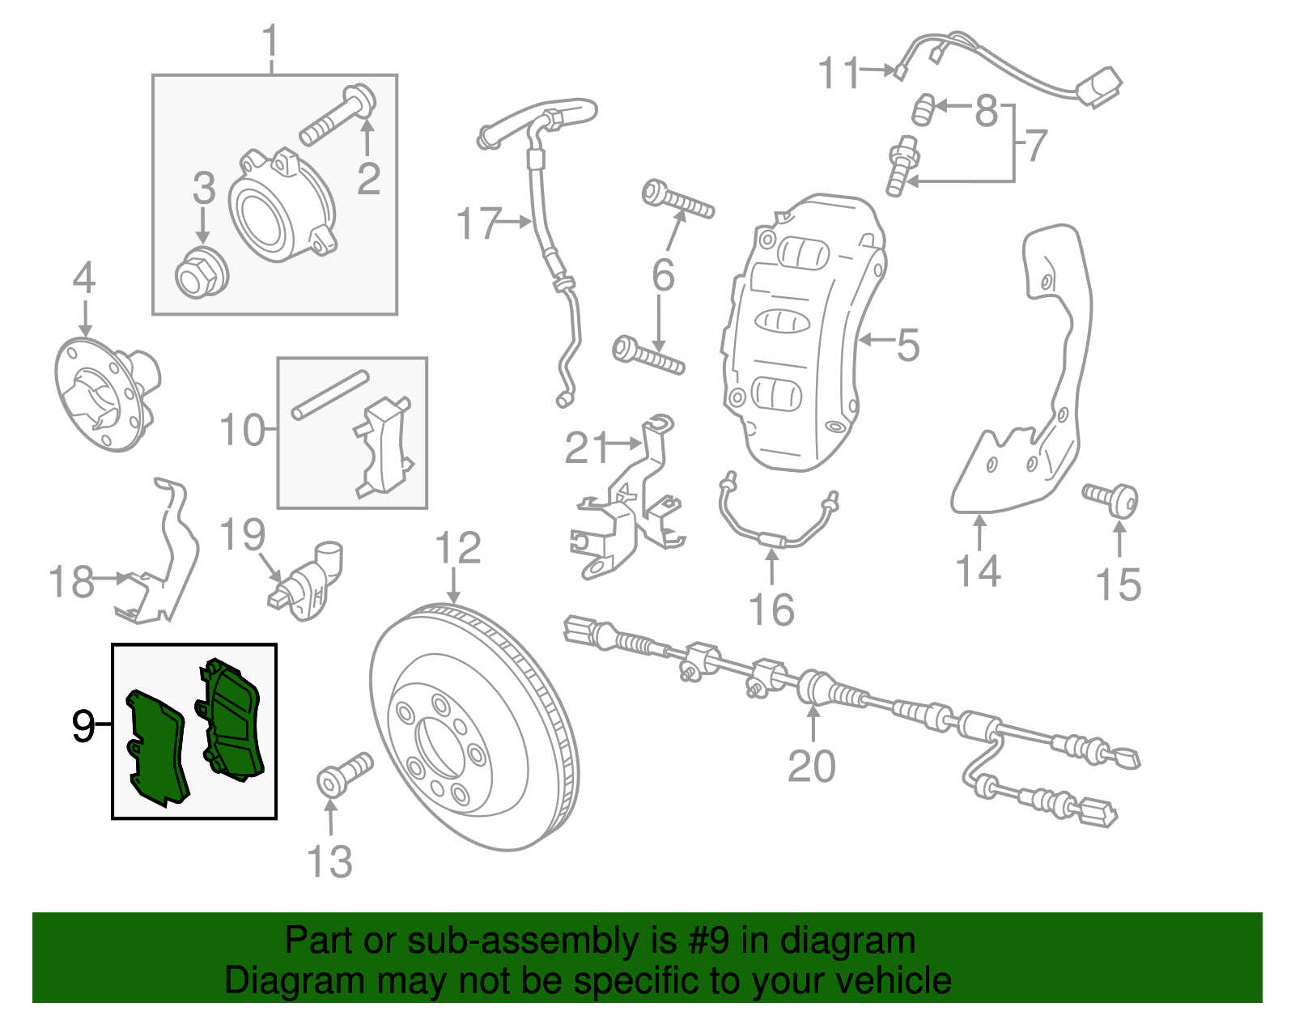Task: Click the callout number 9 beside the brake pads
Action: coord(83,726)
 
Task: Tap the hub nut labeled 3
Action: coord(202,273)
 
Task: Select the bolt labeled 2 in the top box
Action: coord(338,117)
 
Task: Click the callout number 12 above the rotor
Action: coord(458,548)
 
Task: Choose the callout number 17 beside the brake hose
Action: coord(479,223)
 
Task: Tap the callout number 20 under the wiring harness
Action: coord(812,765)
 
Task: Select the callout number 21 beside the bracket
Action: coord(586,447)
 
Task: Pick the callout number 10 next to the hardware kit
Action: coord(242,430)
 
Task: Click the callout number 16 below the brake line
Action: coord(771,609)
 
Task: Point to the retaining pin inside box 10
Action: coord(330,395)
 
